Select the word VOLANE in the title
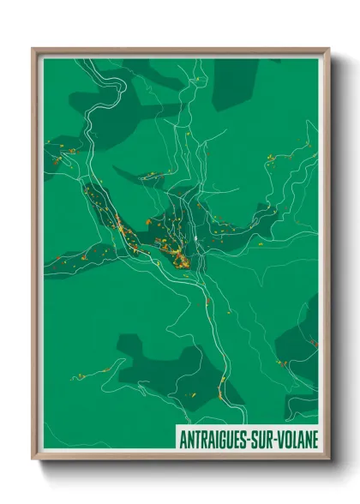299,440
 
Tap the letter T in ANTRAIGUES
196,440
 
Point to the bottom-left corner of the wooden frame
33,459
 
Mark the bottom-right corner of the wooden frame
328,459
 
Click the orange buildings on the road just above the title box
221,393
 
